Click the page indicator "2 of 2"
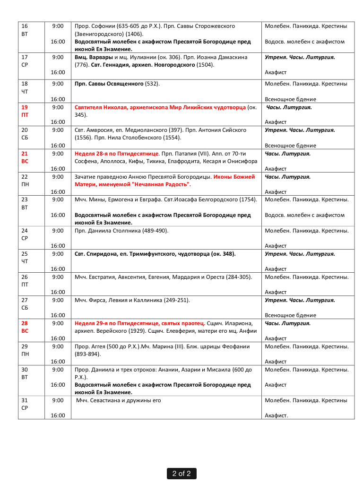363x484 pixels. click(181, 474)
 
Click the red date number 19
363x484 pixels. click(25, 107)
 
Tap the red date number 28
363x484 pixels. click(25, 323)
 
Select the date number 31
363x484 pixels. click(25, 400)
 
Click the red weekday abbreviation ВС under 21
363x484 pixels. click(25, 161)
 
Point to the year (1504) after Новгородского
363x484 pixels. click(205, 65)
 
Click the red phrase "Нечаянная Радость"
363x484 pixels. click(156, 184)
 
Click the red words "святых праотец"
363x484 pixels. click(185, 323)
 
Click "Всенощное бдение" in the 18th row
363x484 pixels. click(290, 99)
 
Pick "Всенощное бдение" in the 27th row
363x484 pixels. click(290, 315)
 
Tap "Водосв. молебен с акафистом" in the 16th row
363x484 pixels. click(304, 42)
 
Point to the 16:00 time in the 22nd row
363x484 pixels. click(58, 192)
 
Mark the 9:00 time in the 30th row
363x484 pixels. click(58, 370)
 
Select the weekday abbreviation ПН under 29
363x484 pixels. click(25, 354)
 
